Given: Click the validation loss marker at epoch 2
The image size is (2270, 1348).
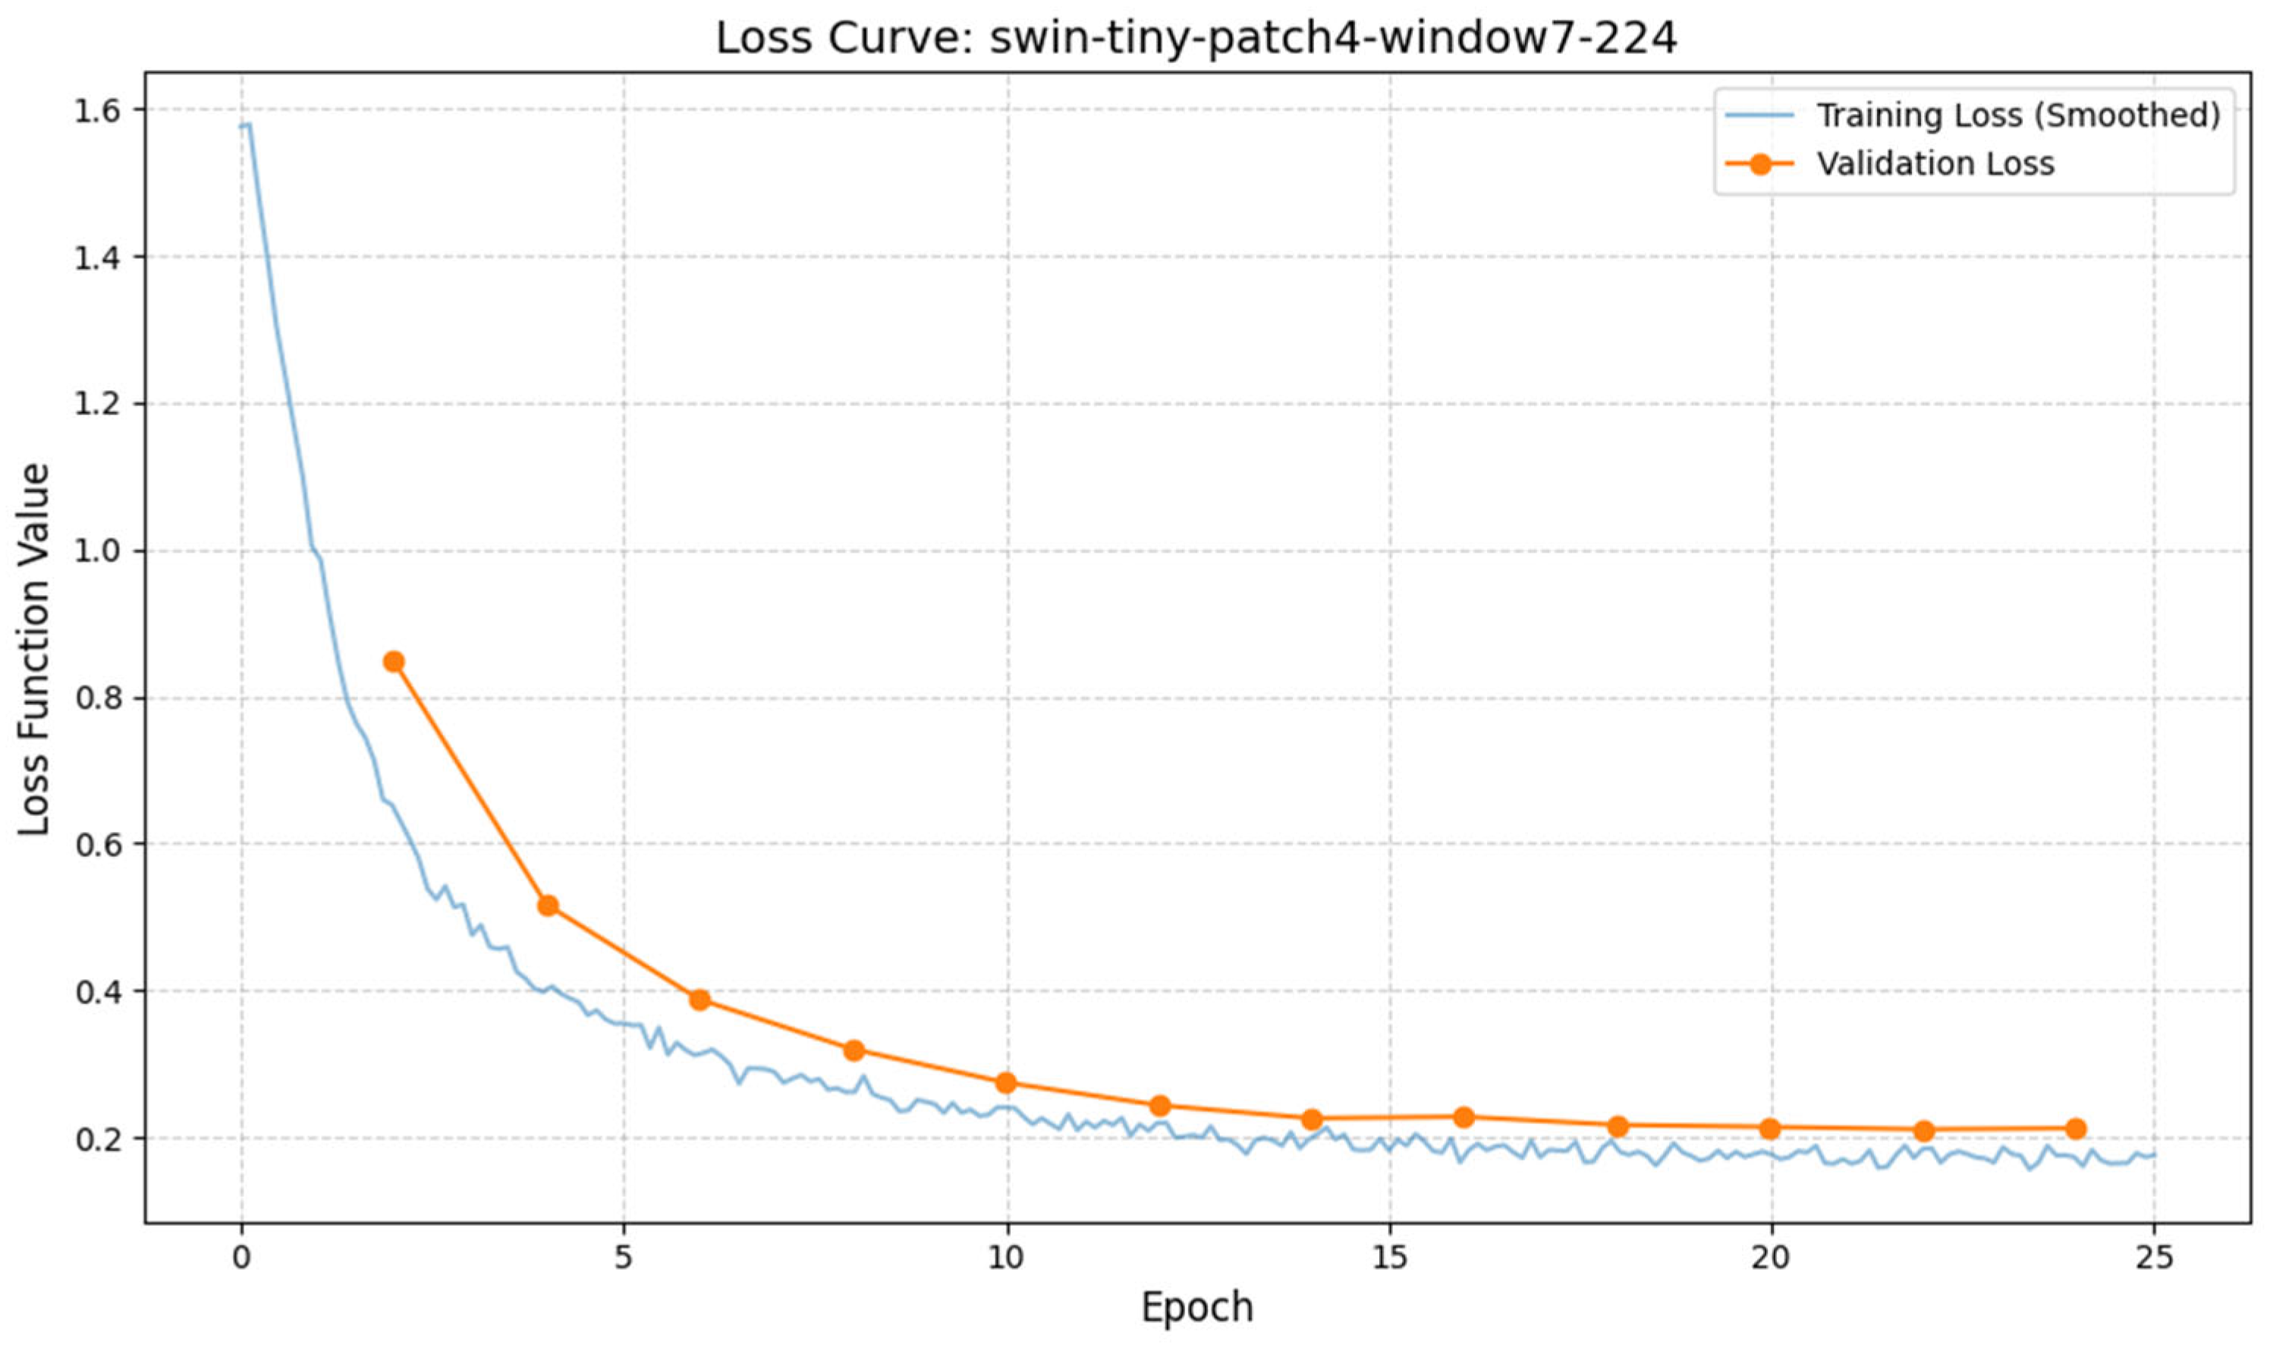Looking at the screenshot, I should [393, 661].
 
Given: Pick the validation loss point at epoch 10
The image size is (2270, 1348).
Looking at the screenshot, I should [1005, 1083].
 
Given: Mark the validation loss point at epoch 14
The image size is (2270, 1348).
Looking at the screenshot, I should [1311, 1119].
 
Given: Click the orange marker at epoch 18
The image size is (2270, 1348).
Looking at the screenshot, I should [1618, 1126].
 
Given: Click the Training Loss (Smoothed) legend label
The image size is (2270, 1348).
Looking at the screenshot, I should [2017, 115].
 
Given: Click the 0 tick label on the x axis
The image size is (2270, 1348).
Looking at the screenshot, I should [241, 1258].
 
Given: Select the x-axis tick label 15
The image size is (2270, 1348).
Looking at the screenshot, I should [1389, 1258].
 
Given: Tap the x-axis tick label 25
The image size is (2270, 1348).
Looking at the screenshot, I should [2154, 1258].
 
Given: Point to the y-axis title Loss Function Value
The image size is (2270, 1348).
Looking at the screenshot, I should [34, 650].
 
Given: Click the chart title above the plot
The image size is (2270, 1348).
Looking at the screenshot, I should [1196, 38].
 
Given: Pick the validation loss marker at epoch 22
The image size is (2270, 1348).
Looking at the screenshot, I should [1924, 1131].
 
